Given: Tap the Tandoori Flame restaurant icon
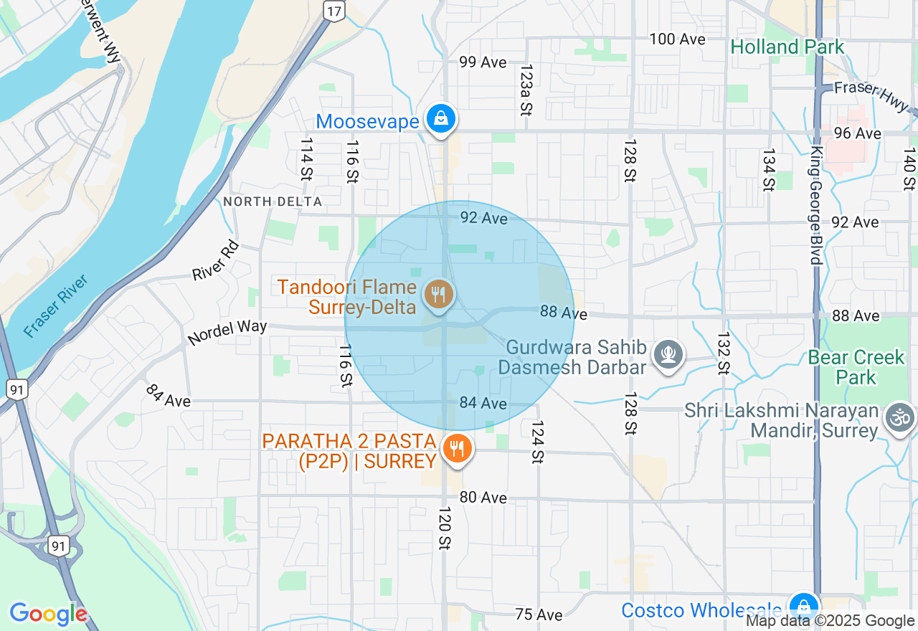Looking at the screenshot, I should [x=437, y=294].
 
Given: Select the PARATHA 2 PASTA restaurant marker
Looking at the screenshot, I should [x=456, y=450].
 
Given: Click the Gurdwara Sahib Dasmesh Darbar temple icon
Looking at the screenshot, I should [x=668, y=354].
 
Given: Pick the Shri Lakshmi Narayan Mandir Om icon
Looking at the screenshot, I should [x=900, y=417].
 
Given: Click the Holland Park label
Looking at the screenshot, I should [x=787, y=47].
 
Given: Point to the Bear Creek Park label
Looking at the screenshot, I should [x=856, y=367].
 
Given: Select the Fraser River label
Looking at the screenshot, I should [x=55, y=306].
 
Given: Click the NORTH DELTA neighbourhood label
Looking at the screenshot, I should [x=273, y=202].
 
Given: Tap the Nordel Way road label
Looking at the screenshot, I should [x=227, y=332].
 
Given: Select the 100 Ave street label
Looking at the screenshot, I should [x=677, y=39].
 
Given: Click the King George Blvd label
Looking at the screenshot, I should [x=816, y=205].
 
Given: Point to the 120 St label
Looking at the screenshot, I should [x=445, y=528].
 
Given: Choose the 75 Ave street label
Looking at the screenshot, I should [x=539, y=615].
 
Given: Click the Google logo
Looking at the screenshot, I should [x=48, y=614].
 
